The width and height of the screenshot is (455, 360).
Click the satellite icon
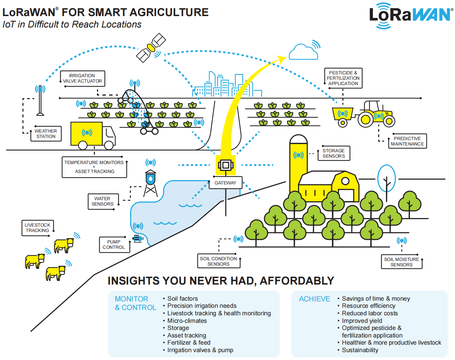(151, 48)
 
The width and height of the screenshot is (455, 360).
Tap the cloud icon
(303, 53)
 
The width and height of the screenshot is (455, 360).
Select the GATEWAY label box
(225, 183)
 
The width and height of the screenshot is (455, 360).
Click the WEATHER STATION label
(46, 134)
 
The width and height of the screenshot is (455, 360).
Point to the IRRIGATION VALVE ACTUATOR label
(82, 78)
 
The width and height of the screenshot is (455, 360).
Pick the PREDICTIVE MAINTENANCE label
(407, 141)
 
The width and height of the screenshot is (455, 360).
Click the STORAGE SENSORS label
(334, 153)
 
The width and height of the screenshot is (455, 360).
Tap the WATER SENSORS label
(102, 201)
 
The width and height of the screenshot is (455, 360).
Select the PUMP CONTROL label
(114, 245)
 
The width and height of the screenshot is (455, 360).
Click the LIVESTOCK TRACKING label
(38, 228)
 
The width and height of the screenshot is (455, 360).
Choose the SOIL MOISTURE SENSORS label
(401, 262)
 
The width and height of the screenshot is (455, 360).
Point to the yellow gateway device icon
(226, 165)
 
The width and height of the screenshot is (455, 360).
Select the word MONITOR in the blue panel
(131, 299)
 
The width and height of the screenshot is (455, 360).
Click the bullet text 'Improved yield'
(362, 321)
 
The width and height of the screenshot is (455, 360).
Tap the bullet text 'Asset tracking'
(186, 335)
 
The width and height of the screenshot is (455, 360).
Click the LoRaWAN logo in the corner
(410, 15)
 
